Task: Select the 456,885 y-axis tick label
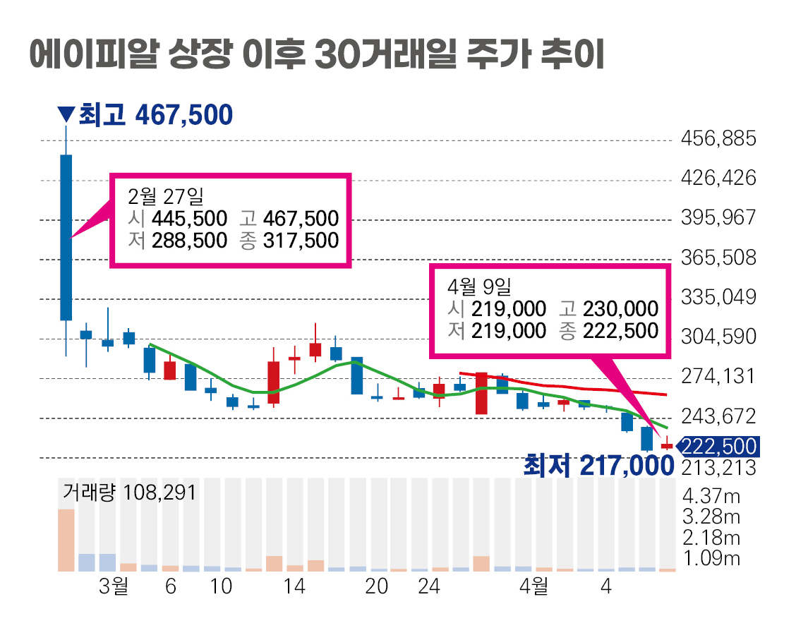[718, 139]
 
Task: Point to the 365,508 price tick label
[718, 258]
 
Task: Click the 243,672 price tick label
[718, 416]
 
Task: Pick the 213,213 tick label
[718, 468]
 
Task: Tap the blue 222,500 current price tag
[717, 447]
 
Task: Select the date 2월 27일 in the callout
[165, 195]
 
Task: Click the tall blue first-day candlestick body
[66, 237]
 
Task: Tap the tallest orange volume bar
[66, 540]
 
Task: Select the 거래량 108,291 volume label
[129, 491]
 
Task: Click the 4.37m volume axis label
[711, 496]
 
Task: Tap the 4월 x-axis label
[533, 587]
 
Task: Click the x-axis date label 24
[429, 587]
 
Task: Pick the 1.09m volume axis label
[711, 560]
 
